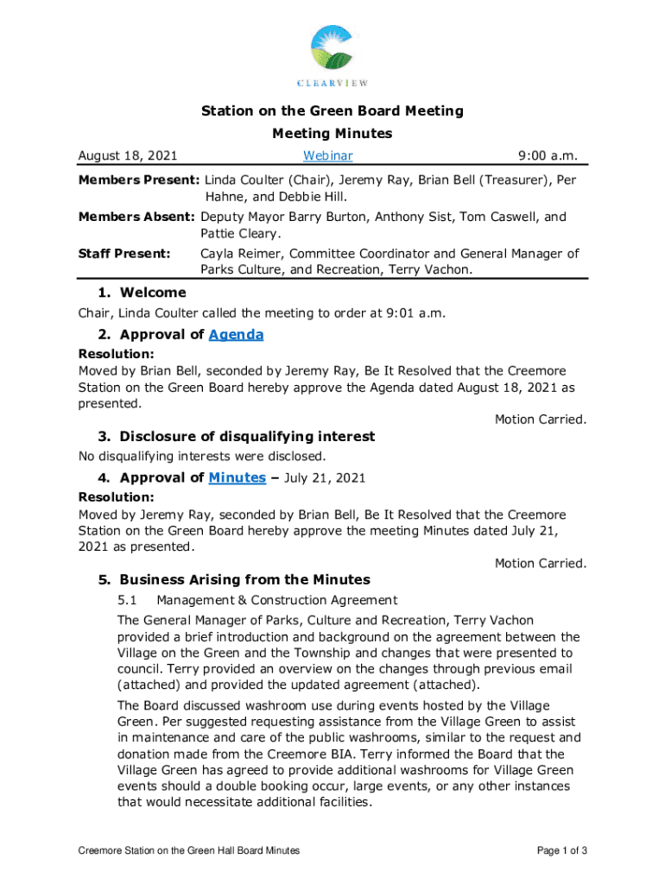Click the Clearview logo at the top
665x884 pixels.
(332, 56)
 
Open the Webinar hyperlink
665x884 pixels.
(327, 156)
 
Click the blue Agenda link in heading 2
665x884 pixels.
(236, 335)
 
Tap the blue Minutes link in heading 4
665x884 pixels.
(237, 478)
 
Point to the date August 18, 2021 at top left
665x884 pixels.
(128, 156)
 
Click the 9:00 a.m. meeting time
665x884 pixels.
(547, 156)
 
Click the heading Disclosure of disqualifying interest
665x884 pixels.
(247, 437)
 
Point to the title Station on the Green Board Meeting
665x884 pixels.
(332, 111)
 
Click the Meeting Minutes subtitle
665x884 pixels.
(332, 134)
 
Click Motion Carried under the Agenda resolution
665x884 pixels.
(540, 420)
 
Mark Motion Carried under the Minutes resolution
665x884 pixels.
(540, 563)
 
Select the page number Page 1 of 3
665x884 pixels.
(562, 851)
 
